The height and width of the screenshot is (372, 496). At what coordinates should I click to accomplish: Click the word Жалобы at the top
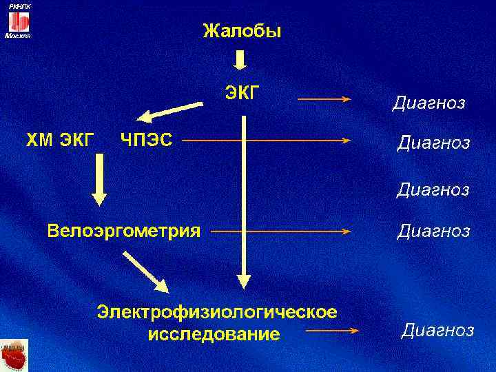(x=241, y=31)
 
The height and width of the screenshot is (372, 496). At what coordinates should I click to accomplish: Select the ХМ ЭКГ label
(x=60, y=141)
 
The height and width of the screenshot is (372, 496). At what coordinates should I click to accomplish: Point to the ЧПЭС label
(x=146, y=141)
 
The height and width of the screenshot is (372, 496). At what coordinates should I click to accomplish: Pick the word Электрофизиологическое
(x=217, y=312)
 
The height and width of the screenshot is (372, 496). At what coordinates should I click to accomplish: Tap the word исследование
(x=214, y=335)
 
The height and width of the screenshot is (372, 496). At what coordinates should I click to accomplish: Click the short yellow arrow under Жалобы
(x=239, y=59)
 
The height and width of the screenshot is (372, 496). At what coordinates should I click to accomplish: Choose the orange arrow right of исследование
(x=333, y=331)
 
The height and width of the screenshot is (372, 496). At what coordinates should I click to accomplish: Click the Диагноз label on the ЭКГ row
(x=428, y=104)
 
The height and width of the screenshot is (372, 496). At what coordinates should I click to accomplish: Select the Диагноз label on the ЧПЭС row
(x=433, y=143)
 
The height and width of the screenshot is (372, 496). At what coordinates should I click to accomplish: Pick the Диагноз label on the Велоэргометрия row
(x=433, y=231)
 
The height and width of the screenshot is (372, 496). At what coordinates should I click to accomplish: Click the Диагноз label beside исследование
(x=437, y=331)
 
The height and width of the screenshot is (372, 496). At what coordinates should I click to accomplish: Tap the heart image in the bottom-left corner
(x=14, y=355)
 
